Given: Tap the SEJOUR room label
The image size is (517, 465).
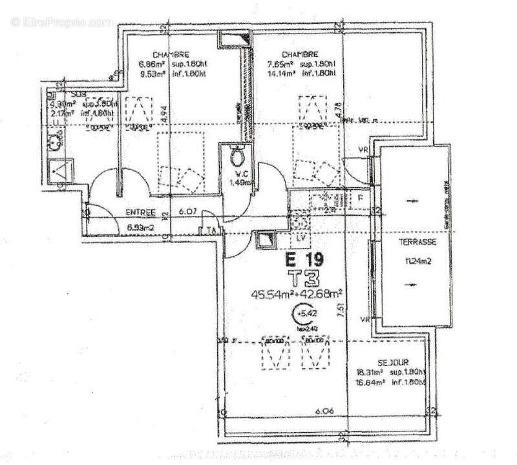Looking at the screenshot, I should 393,363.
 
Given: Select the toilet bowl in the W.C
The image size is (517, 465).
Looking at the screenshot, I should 237,154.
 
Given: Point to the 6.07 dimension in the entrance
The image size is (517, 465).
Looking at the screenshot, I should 187,211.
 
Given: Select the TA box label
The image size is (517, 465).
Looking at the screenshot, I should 211,231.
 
